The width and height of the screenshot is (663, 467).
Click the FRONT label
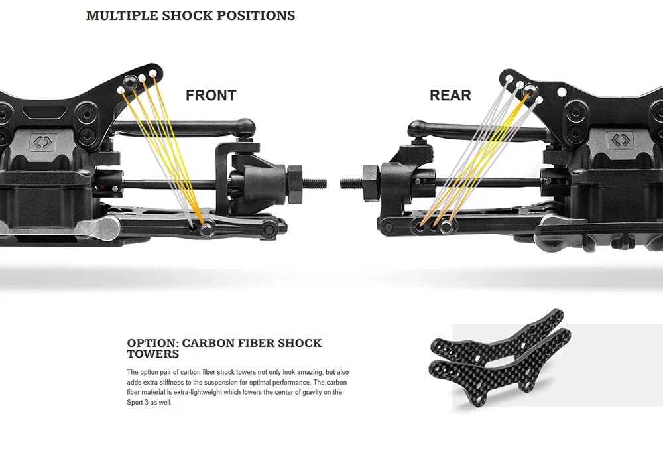[x=210, y=96]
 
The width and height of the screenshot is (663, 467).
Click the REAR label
[x=450, y=96]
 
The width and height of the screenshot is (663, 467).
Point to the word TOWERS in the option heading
[x=152, y=354]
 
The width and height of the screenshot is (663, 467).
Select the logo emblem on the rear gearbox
[x=622, y=140]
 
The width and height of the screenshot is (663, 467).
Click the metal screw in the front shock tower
[x=131, y=81]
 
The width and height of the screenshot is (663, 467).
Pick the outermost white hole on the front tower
[x=153, y=72]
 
